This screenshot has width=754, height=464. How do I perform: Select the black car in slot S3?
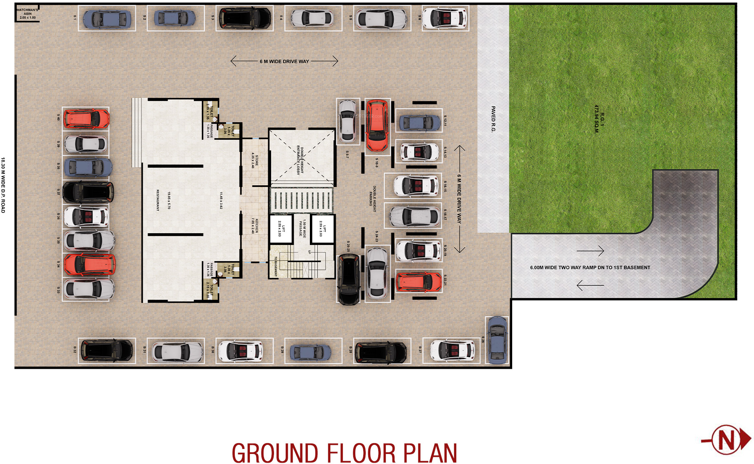point(245,18)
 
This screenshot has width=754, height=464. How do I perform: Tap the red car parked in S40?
point(86,119)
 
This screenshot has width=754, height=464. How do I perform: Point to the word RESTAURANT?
point(158,200)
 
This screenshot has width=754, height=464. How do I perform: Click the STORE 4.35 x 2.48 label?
point(254,161)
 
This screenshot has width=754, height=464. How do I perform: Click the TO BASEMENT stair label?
point(276,266)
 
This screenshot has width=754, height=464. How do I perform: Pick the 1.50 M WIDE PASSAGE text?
point(302,228)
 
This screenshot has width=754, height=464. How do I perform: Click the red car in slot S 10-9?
point(377,125)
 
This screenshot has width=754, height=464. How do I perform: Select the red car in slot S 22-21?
point(418,282)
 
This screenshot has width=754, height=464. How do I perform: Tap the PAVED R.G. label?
point(493,119)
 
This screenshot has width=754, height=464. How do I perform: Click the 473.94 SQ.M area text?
point(596,119)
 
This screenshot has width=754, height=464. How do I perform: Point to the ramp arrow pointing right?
point(590,251)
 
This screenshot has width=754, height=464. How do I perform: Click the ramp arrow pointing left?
point(590,285)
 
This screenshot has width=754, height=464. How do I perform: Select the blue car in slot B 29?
point(310,352)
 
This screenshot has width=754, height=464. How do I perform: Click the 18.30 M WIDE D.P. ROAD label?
point(3,185)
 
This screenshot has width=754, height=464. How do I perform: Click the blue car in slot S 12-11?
point(419,123)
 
